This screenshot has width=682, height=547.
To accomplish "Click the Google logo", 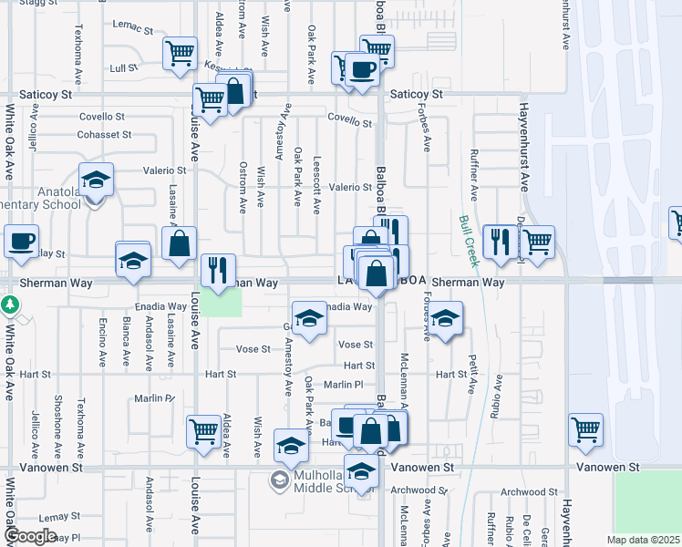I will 31,536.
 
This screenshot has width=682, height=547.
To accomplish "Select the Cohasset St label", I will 105,134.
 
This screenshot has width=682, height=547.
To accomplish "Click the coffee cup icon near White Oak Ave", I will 22,242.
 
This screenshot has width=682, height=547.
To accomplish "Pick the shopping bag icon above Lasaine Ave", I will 180,243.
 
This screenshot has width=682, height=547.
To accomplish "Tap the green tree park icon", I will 10,304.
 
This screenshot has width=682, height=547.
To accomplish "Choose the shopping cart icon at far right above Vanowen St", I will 585,428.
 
